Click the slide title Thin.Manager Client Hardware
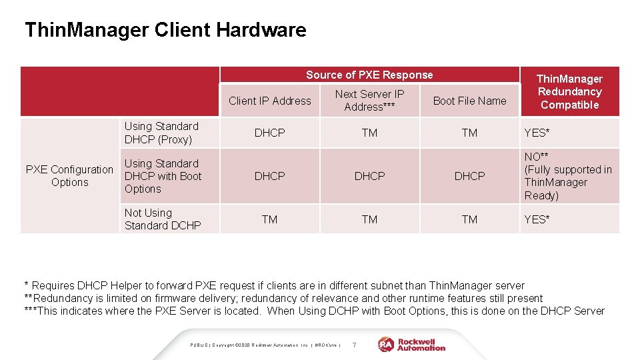[x=165, y=30]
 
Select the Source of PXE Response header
[x=369, y=75]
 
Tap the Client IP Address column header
[x=269, y=101]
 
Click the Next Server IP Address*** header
[x=369, y=101]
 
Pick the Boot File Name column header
[x=469, y=101]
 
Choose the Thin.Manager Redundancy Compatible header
[x=569, y=92]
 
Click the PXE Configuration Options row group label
[x=69, y=176]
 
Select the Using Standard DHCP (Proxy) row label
[x=161, y=133]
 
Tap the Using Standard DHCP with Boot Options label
[x=163, y=176]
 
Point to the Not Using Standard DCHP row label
[x=162, y=219]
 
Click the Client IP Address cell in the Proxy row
[x=269, y=133]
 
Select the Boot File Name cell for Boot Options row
[x=469, y=176]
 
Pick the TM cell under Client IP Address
[x=269, y=219]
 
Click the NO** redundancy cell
[x=568, y=176]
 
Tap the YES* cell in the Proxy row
[x=537, y=133]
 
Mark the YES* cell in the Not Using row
[x=537, y=219]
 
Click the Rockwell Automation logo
[x=412, y=345]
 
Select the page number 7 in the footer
[x=354, y=345]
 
